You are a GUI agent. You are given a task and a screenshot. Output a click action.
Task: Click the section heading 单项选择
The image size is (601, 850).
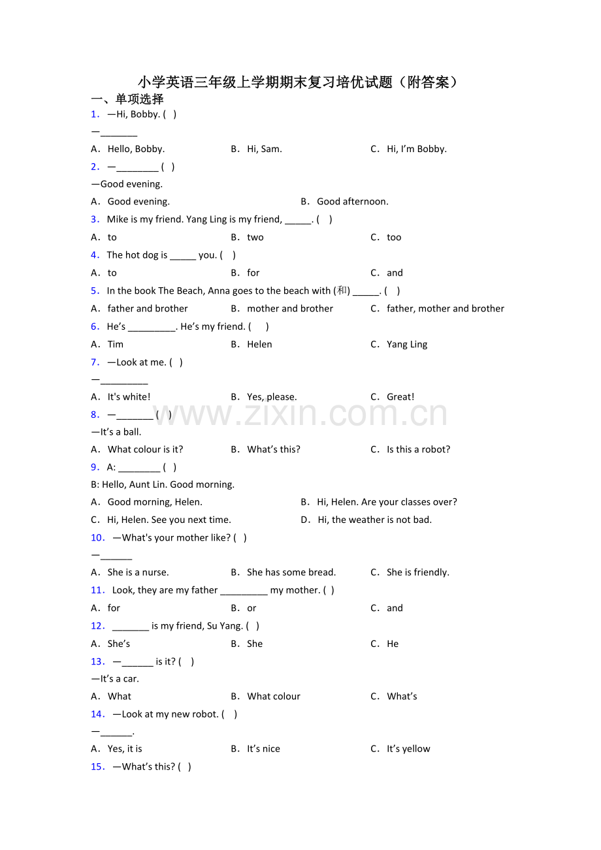tap(127, 99)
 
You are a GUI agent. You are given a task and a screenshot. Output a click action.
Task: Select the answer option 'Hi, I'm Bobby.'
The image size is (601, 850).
tap(416, 149)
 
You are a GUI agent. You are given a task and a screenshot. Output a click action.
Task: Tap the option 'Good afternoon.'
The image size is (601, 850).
tap(352, 202)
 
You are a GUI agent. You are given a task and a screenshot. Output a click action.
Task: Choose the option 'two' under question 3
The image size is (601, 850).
tap(255, 238)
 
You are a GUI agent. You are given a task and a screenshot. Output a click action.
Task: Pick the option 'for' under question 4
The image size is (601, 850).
tap(253, 273)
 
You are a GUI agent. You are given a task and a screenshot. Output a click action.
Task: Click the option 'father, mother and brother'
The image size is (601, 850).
tap(445, 309)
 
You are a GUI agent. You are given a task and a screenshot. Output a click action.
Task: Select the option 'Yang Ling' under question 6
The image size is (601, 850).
tap(407, 345)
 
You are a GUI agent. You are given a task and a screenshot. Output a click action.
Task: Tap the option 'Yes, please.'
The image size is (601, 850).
tap(272, 397)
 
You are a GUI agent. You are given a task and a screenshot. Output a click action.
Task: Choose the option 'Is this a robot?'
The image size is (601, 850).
tap(418, 449)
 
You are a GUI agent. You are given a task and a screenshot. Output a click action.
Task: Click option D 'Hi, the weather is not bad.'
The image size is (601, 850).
tap(374, 520)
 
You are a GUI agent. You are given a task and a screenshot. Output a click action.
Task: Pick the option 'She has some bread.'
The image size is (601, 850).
tap(291, 573)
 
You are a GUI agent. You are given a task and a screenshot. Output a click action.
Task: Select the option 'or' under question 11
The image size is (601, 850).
tap(252, 608)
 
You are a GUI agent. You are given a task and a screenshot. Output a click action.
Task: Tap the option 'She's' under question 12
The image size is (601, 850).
tap(119, 644)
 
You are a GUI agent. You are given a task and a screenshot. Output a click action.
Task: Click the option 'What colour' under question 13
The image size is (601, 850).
tap(274, 697)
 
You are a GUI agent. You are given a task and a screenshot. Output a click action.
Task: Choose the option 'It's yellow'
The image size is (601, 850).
tap(408, 749)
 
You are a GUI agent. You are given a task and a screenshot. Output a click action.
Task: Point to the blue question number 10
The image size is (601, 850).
tap(98, 538)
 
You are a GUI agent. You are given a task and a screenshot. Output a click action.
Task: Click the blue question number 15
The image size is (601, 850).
tap(98, 767)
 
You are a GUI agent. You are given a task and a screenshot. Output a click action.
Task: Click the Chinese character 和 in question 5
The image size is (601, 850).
tap(342, 291)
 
